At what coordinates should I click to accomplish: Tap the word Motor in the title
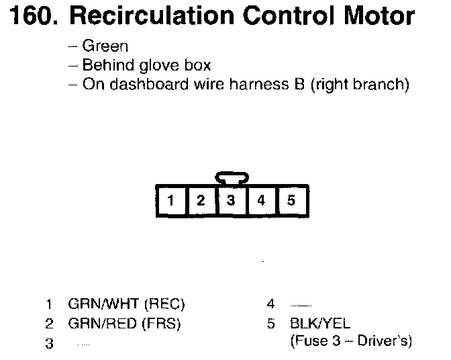tap(377, 16)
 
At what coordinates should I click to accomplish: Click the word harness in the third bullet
tap(262, 85)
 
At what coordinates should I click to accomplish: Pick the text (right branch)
tap(360, 85)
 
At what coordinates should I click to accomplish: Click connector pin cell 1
tap(172, 200)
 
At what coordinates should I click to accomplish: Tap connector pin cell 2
tap(201, 200)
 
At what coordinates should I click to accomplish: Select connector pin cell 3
tap(230, 200)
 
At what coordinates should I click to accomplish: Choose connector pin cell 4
tap(260, 200)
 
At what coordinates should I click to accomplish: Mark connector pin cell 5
tap(291, 200)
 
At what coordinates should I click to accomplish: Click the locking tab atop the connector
tap(231, 177)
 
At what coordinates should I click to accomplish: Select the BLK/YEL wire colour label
tap(319, 323)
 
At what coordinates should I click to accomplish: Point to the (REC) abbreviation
tap(164, 304)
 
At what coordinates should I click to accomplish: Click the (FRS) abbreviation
tap(162, 323)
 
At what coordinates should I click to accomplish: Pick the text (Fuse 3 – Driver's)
tap(351, 341)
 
